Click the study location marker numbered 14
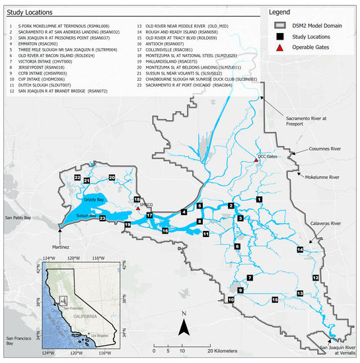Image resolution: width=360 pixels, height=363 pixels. [x=300, y=249]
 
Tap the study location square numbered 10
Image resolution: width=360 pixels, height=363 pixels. [x=231, y=300]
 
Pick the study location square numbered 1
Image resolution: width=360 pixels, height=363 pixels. [x=260, y=199]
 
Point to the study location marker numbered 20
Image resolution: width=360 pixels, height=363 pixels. [x=112, y=178]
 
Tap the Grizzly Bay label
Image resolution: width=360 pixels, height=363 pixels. [x=95, y=199]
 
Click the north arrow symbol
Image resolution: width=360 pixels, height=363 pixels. [x=186, y=325]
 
